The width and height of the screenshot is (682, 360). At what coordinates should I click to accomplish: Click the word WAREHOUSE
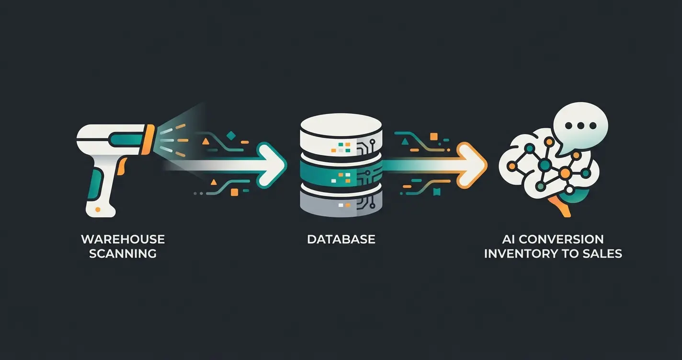(123, 239)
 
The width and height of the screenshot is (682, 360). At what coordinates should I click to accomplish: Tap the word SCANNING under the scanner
(123, 253)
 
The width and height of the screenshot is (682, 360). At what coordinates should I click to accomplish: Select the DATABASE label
(341, 239)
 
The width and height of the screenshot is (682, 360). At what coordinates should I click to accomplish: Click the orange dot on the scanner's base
(98, 209)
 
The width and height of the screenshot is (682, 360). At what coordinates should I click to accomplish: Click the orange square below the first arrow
(234, 192)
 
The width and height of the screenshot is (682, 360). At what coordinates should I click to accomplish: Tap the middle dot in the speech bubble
(580, 125)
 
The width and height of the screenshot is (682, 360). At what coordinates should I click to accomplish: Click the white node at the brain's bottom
(569, 190)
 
